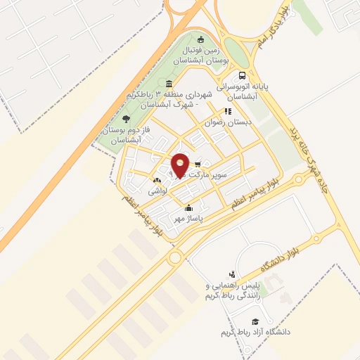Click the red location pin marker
tap(180, 165)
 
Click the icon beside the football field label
tap(202, 39)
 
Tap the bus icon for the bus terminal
tap(243, 76)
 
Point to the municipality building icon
tap(169, 84)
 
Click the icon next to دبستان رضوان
tap(227, 110)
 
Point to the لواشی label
tap(157, 191)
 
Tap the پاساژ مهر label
tap(188, 219)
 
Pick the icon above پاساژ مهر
tap(188, 208)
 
